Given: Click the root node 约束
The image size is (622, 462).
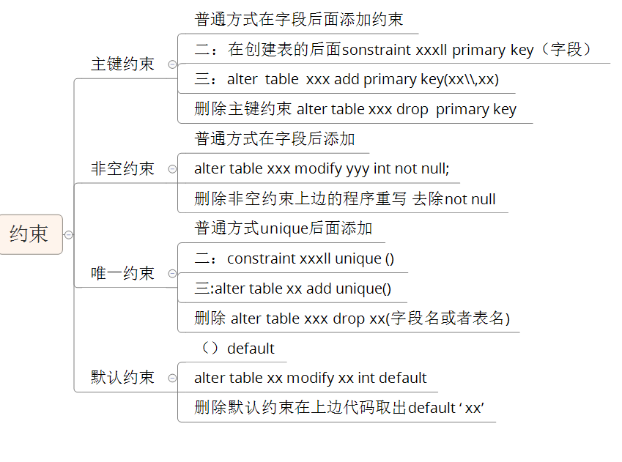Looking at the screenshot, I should (x=29, y=234).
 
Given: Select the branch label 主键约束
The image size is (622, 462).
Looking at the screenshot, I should (x=122, y=64).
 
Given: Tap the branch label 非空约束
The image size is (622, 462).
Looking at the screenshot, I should (x=122, y=168).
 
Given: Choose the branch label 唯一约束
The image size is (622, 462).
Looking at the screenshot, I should (x=122, y=273).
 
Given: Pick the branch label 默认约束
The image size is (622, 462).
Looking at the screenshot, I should (x=122, y=377).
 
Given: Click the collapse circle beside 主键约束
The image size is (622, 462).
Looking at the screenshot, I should (x=172, y=64).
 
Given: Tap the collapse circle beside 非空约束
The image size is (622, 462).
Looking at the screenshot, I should (x=172, y=169).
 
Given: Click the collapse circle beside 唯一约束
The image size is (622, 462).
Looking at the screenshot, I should (x=172, y=274).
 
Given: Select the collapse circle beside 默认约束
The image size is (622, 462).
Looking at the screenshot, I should (x=172, y=378).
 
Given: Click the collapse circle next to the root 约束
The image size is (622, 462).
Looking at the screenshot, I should (x=69, y=235).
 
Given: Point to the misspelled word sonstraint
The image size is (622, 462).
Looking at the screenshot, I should (x=376, y=50).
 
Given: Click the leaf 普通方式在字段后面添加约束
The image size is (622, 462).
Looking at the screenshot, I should (x=299, y=19).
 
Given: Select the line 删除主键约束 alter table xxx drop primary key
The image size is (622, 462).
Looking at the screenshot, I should (x=355, y=109).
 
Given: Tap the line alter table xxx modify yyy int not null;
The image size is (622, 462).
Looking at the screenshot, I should (x=322, y=168).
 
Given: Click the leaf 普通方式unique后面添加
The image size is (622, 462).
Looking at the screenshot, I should (x=284, y=228).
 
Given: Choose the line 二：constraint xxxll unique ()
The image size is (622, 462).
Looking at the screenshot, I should (x=295, y=258).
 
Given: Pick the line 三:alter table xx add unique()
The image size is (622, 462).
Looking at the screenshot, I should (x=293, y=288).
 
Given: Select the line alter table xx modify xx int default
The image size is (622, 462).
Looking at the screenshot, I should (x=311, y=378).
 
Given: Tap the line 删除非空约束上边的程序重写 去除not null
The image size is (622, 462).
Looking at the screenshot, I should (x=345, y=198).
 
